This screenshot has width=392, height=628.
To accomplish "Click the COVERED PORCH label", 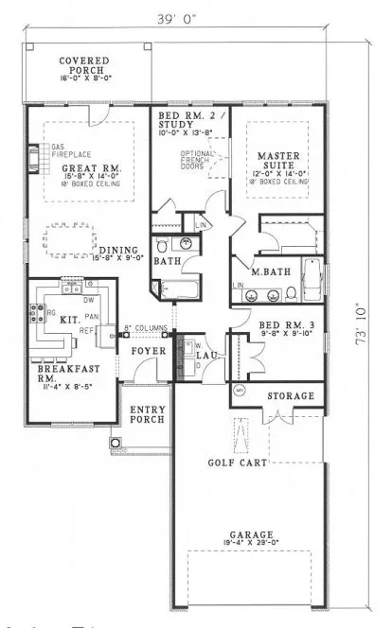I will click(84, 65).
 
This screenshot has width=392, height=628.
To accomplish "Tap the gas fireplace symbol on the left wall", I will click(35, 157).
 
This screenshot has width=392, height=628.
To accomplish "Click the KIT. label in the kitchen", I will click(68, 322).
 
